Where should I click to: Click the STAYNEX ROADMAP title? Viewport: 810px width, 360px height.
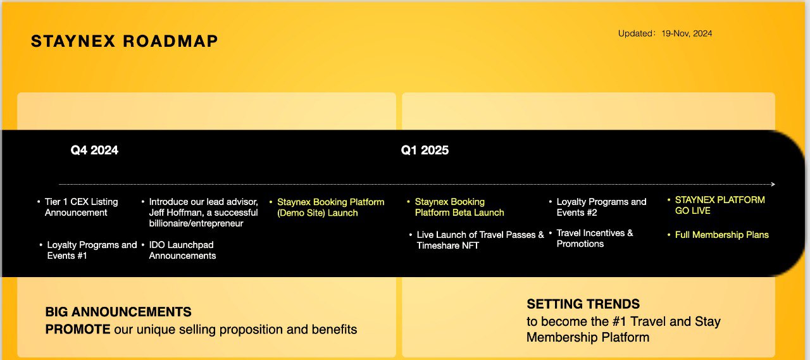pos(125,41)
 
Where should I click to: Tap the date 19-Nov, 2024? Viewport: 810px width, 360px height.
pos(687,34)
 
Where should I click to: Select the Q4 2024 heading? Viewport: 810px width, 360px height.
pos(94,150)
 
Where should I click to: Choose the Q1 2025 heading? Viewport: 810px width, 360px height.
pos(425,150)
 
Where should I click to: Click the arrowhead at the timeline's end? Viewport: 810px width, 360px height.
pos(773,184)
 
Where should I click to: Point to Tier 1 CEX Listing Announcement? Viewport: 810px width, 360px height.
pos(82,207)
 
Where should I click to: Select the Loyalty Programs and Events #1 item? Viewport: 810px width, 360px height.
pos(92,250)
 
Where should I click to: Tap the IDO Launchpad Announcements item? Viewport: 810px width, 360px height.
pos(182,250)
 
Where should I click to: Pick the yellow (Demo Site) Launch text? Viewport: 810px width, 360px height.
pos(318,213)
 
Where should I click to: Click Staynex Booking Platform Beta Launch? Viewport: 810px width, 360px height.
pos(459,207)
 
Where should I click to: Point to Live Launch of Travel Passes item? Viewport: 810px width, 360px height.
pos(480,240)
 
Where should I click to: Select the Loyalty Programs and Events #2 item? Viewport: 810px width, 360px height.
pos(601,207)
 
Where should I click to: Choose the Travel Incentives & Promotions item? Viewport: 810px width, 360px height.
pos(595,238)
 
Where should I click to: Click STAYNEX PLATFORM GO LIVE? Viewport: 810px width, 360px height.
pos(720,205)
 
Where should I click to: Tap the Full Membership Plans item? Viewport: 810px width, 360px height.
pos(722,235)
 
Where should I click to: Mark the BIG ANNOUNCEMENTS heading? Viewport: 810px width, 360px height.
pos(118,312)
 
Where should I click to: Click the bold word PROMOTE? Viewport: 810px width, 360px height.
pos(78,329)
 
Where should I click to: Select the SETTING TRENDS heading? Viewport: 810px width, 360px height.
pos(583,304)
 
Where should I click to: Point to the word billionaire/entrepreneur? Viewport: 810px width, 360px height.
pos(196,223)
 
